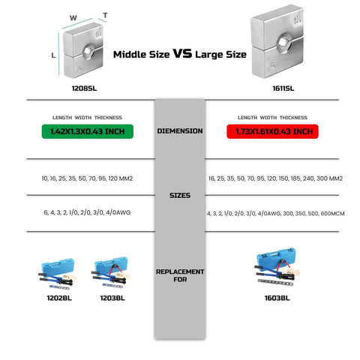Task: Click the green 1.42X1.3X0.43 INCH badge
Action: coord(88,131)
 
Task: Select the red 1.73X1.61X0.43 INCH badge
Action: coord(272,131)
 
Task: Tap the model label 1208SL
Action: coord(84,88)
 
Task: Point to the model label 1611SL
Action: coord(283,88)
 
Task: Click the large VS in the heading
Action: coord(182,53)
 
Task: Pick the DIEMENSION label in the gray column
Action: coord(180,131)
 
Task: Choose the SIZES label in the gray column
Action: coord(180,195)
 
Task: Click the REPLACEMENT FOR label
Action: coord(180,275)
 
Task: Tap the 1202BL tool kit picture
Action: coord(58,274)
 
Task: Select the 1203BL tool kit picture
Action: coord(110,272)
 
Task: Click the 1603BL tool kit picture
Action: coord(277,266)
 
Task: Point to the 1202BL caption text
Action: coord(59,298)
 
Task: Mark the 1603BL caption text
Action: coord(277,298)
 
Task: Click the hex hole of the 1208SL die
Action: coord(88,52)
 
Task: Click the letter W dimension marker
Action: coord(73,18)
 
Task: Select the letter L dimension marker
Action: coord(53,55)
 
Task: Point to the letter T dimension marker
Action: coord(105,16)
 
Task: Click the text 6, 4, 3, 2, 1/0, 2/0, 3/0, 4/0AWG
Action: coord(87,212)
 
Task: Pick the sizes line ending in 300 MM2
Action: coord(275,178)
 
